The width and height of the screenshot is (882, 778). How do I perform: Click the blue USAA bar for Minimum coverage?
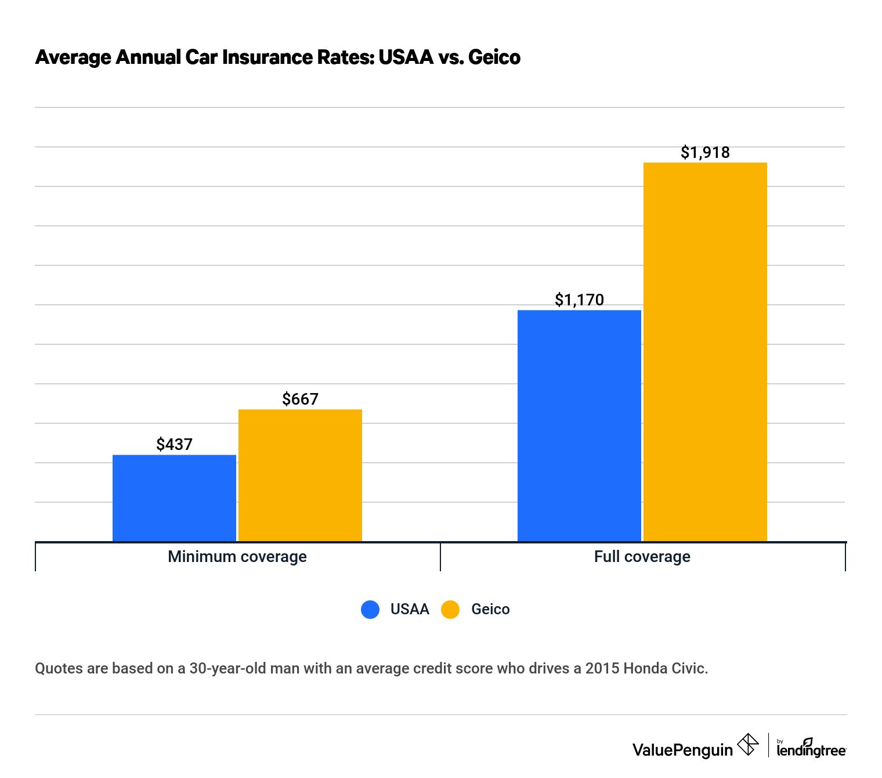pyautogui.click(x=174, y=498)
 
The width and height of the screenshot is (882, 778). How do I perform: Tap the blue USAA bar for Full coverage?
pyautogui.click(x=579, y=426)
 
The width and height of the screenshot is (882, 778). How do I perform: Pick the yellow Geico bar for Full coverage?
pyautogui.click(x=705, y=352)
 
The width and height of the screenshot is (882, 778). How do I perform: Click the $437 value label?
pyautogui.click(x=174, y=444)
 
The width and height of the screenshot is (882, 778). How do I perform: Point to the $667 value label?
pyautogui.click(x=300, y=399)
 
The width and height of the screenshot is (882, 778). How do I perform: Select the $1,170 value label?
pyautogui.click(x=579, y=300)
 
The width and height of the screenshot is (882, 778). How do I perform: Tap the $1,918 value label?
pyautogui.click(x=705, y=152)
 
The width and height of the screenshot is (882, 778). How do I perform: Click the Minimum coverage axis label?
pyautogui.click(x=237, y=556)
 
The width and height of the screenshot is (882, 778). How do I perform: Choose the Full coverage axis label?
pyautogui.click(x=642, y=556)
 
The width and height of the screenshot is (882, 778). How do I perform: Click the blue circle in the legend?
pyautogui.click(x=370, y=609)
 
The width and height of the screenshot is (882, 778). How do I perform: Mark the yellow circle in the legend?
pyautogui.click(x=450, y=609)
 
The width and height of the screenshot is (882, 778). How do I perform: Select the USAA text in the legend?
pyautogui.click(x=410, y=609)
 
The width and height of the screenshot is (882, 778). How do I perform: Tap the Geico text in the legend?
pyautogui.click(x=490, y=609)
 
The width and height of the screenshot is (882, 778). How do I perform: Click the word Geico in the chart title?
pyautogui.click(x=494, y=57)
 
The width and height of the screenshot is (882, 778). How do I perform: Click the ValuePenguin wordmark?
pyautogui.click(x=682, y=750)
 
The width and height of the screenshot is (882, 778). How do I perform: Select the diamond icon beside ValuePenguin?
pyautogui.click(x=748, y=744)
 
